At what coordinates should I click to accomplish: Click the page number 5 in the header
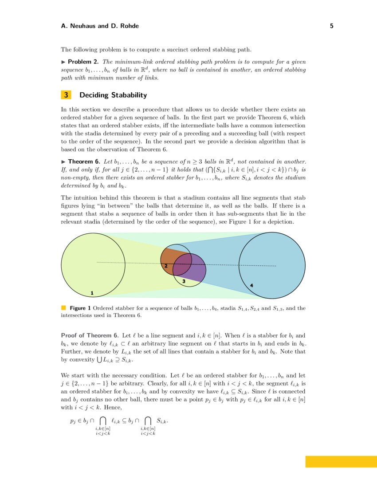tap(332, 26)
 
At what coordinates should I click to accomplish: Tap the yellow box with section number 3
tap(66, 95)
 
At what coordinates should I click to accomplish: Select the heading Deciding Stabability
tap(113, 95)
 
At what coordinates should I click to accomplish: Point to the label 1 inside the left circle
tap(92, 293)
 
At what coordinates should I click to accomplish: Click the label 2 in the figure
tap(165, 265)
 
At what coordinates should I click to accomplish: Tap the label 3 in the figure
tap(183, 281)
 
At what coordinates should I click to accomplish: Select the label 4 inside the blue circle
tap(251, 285)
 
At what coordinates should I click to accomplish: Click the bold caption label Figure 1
tap(80, 308)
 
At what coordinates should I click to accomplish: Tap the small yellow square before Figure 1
tap(63, 307)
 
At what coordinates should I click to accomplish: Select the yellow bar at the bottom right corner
tap(341, 461)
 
